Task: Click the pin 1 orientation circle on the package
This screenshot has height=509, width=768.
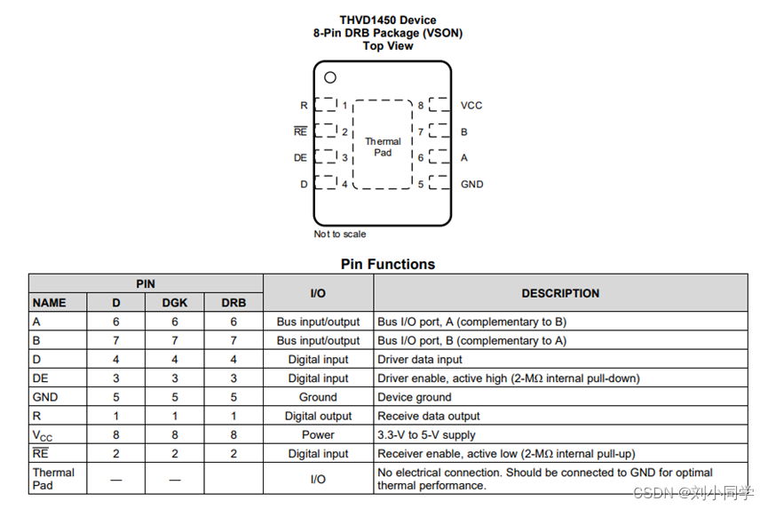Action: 330,77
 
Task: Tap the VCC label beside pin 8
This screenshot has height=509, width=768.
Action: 471,106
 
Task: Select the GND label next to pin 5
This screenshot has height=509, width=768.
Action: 471,185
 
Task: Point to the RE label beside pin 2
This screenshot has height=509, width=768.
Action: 301,132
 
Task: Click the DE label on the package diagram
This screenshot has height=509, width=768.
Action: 301,158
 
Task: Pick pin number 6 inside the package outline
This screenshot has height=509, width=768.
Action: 421,158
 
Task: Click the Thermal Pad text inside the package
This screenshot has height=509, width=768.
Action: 383,147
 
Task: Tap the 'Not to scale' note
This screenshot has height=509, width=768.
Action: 340,235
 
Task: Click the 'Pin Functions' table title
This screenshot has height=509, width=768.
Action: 388,264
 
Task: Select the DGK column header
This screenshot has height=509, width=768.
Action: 175,303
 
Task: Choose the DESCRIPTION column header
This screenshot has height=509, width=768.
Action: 560,293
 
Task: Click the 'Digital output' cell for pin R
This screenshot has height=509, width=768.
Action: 318,416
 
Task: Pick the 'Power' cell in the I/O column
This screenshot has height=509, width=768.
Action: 318,434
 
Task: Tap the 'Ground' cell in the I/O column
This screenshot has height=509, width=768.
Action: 318,397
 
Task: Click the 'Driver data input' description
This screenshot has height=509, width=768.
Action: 420,360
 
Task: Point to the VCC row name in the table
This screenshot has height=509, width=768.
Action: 43,435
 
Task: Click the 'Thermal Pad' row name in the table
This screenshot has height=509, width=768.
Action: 53,479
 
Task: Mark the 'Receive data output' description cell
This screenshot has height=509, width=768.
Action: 429,416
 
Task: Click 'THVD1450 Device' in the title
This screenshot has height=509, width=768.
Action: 388,20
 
